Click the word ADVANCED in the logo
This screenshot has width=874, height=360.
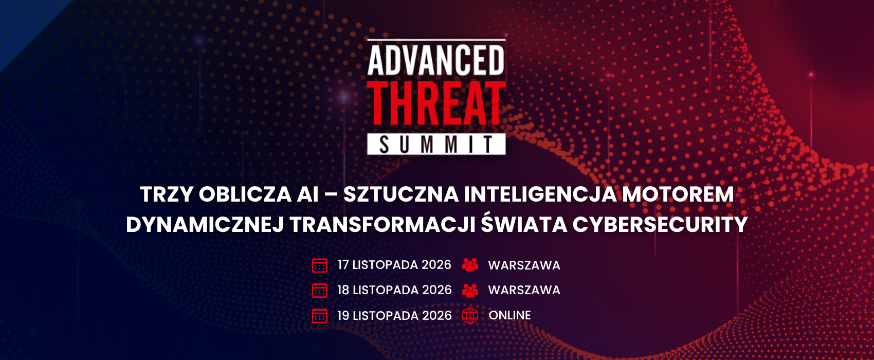click(436, 60)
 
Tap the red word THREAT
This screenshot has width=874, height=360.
click(436, 103)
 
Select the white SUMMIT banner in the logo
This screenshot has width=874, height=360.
click(436, 144)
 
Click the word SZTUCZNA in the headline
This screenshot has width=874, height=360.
click(401, 194)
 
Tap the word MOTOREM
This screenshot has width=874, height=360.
click(678, 194)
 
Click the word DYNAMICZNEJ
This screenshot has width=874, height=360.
click(205, 225)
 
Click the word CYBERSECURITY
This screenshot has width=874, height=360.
click(660, 225)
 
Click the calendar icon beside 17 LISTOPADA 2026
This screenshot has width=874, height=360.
click(320, 265)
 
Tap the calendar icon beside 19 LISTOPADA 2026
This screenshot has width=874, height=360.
click(320, 315)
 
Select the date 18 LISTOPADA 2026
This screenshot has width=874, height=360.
click(394, 290)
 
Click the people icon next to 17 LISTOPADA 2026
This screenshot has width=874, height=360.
click(470, 265)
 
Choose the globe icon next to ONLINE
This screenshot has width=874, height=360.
click(470, 315)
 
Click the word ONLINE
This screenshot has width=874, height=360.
click(509, 315)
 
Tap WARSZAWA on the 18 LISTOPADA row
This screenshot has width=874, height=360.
click(524, 290)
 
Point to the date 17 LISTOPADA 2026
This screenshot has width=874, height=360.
click(394, 265)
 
